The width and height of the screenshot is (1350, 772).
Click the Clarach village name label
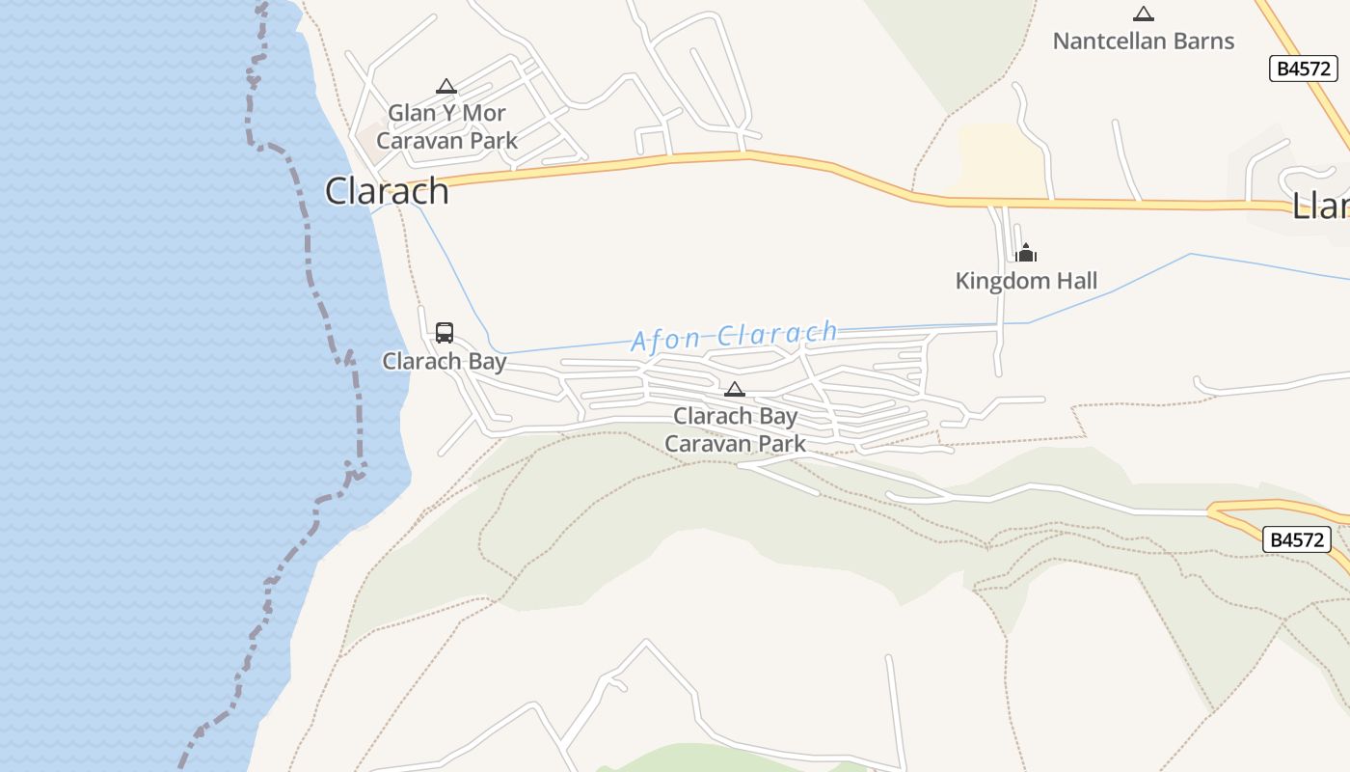coord(387,191)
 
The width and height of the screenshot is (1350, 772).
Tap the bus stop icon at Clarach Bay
coord(445,333)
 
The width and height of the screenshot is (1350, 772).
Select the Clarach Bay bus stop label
coord(445,361)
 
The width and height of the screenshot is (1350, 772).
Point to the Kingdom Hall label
coord(1026,281)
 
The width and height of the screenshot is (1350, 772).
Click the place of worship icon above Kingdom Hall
coord(1026,253)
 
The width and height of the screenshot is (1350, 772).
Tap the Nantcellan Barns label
coord(1143,41)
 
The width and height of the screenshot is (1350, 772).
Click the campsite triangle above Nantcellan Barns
coord(1144,14)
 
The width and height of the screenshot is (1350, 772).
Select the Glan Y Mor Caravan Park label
coord(446,126)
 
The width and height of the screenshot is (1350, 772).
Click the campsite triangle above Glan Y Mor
coord(445,86)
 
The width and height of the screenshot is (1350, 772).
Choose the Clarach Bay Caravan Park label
coord(735,429)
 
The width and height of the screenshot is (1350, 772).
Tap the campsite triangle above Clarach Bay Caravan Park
coord(735,389)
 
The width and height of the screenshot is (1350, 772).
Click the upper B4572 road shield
coord(1303,69)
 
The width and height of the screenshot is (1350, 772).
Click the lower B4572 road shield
coord(1296,539)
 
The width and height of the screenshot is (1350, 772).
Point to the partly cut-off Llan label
coord(1321,205)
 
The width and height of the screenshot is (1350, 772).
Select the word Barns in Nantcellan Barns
coord(1202,41)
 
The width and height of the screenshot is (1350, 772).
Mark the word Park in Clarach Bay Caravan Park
coord(781,444)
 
